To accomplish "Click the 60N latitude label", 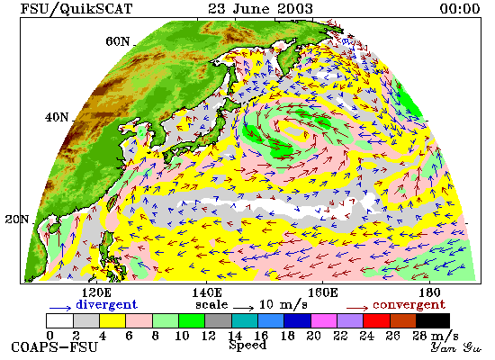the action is coord(118,41).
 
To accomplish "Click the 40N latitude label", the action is coord(57,118).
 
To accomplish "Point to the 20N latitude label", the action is coord(17,220).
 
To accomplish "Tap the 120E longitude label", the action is coord(96,293).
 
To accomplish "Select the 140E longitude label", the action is coord(207,293).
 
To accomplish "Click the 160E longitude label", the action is coord(322,293).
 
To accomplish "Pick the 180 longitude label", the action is coord(429,293).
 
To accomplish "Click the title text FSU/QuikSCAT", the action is coord(76,9).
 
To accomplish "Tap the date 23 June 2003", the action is coord(260,8).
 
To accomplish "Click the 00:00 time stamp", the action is coord(460,8).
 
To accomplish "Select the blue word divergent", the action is coord(107,305).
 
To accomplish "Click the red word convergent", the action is coord(409,305).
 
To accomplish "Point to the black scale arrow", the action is coord(243,307).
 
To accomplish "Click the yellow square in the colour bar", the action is coord(112,320).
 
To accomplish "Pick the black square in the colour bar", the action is coord(433,320).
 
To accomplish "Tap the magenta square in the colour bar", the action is coord(324,320).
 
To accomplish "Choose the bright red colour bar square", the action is coord(376,320).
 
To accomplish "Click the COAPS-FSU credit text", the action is coord(54,347).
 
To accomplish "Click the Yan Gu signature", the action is coord(456,347).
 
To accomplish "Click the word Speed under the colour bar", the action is coord(247,346).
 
